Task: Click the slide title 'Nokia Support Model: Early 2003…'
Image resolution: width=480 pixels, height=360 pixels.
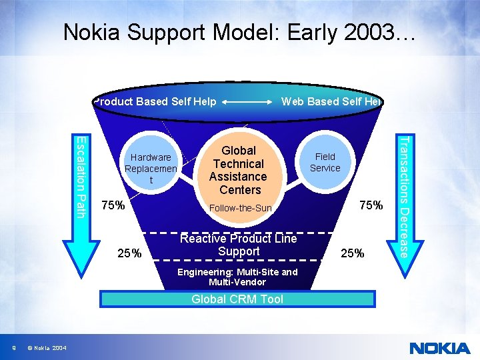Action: [x=239, y=33]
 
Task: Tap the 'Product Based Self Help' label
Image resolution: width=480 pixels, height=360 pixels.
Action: [x=155, y=101]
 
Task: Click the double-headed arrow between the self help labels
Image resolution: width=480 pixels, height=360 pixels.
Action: [x=249, y=102]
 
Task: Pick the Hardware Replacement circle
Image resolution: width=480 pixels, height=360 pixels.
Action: [x=151, y=168]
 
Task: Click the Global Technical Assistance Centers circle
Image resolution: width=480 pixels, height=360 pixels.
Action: [x=238, y=170]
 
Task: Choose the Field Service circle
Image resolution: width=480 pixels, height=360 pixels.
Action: [x=325, y=163]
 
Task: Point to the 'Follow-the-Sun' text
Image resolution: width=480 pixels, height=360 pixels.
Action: [x=241, y=208]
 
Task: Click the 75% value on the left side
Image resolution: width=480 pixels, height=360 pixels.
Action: [x=113, y=205]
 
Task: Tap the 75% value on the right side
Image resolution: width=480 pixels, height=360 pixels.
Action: [x=371, y=205]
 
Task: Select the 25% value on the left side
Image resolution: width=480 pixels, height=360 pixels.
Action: [x=129, y=253]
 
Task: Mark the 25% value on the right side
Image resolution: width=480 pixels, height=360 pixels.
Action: [x=352, y=253]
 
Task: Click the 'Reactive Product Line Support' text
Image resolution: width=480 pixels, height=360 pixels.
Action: [x=239, y=245]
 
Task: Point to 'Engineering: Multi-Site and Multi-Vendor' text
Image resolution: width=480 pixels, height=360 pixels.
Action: [x=237, y=277]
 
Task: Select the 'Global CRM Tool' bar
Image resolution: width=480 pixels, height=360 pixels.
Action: [x=237, y=299]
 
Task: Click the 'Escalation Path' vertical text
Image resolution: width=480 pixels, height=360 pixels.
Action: [x=79, y=176]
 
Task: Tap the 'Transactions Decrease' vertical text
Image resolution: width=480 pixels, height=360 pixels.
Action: [x=403, y=193]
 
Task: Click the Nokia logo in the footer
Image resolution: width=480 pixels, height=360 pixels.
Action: [x=439, y=348]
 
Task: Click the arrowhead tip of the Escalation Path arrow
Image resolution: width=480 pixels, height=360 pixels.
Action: [x=79, y=265]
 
